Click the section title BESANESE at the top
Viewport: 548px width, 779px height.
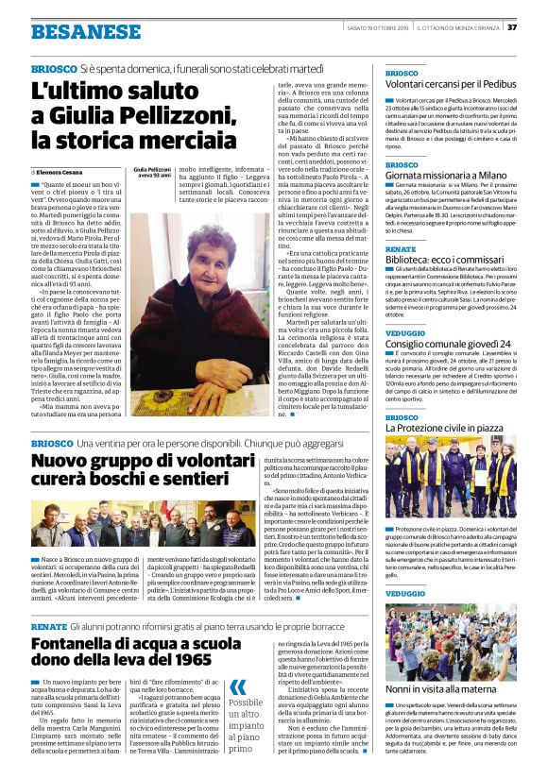(72, 31)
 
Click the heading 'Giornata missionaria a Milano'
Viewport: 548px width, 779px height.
(448, 177)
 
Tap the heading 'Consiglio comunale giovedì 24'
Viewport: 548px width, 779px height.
(449, 343)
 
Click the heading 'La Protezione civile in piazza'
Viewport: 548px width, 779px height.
(449, 428)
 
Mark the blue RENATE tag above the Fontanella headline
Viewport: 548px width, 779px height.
(48, 626)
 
